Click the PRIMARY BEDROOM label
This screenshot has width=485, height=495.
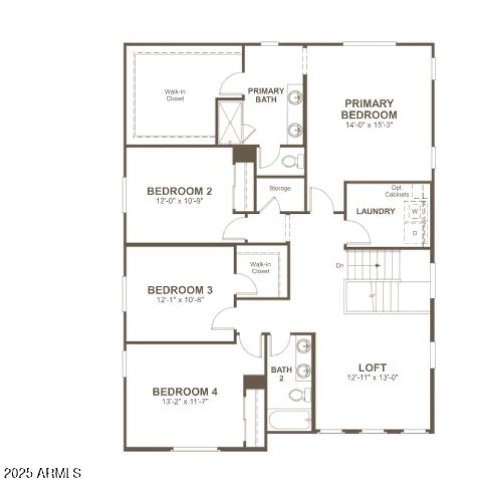click(369, 109)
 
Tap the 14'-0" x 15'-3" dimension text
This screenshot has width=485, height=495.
click(369, 125)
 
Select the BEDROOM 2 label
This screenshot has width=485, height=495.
click(179, 191)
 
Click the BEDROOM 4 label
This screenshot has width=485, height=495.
click(185, 391)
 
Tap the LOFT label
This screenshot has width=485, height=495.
click(372, 367)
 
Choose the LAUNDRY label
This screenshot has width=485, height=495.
click(375, 211)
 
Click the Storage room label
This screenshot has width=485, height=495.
click(280, 188)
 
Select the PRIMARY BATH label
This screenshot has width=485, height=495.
click(266, 95)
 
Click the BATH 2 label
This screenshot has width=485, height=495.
click(281, 374)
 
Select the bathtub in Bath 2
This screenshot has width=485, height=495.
click(290, 419)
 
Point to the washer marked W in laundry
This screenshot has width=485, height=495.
click(415, 212)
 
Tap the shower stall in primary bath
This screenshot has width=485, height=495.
click(230, 122)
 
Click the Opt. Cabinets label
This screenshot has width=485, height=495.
click(396, 191)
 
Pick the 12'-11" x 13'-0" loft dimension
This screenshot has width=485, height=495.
click(372, 377)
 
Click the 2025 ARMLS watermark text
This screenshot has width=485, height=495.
click(42, 472)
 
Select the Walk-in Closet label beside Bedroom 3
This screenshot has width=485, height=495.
click(260, 268)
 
